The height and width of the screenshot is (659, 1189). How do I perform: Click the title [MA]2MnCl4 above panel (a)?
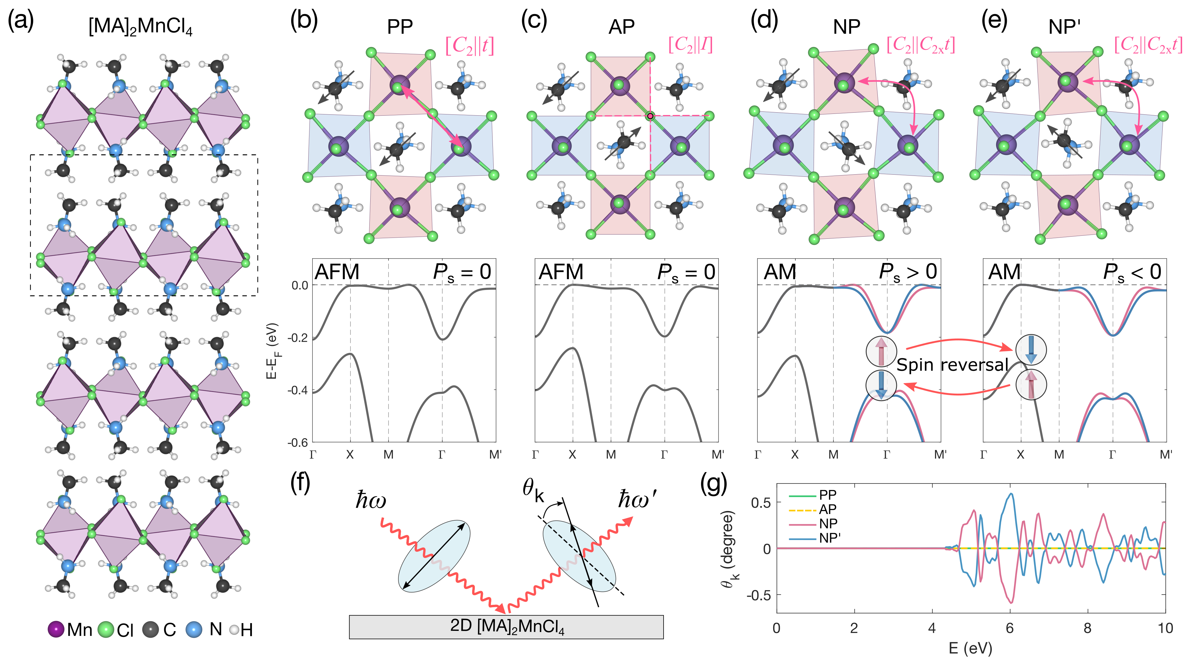[140, 26]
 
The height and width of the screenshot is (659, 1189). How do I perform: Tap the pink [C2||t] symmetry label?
[469, 46]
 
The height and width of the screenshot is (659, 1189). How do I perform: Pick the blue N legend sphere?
[194, 629]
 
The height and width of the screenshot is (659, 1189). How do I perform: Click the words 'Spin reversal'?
[952, 365]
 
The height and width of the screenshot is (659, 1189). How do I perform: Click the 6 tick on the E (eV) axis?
[1010, 628]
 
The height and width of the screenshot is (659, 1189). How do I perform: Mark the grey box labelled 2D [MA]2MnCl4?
[506, 627]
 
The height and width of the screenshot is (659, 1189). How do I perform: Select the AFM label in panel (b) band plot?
[337, 272]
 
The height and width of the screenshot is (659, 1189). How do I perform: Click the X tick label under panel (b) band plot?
[350, 455]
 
